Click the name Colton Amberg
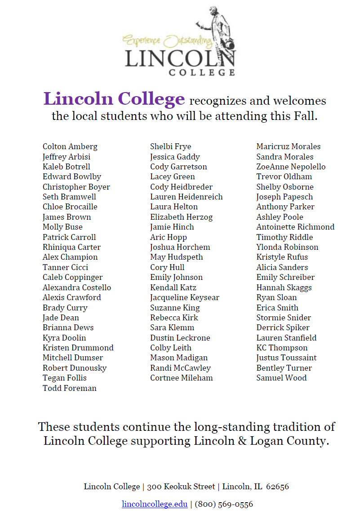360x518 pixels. click(x=70, y=146)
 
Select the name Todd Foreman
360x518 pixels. click(x=70, y=388)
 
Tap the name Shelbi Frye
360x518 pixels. click(x=170, y=146)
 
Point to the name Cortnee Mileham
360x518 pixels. click(x=181, y=378)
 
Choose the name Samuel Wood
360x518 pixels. click(x=281, y=378)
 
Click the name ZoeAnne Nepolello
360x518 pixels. click(x=291, y=167)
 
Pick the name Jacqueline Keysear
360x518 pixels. click(x=185, y=297)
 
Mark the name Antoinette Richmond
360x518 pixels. click(x=295, y=227)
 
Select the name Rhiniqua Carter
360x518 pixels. click(x=71, y=247)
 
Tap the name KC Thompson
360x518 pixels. click(x=282, y=348)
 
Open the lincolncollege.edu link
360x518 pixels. click(x=155, y=504)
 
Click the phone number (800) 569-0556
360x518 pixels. click(x=224, y=504)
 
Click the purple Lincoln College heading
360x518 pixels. click(x=114, y=99)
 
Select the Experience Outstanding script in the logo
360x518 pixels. click(x=167, y=42)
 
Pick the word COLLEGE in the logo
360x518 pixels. click(x=202, y=71)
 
